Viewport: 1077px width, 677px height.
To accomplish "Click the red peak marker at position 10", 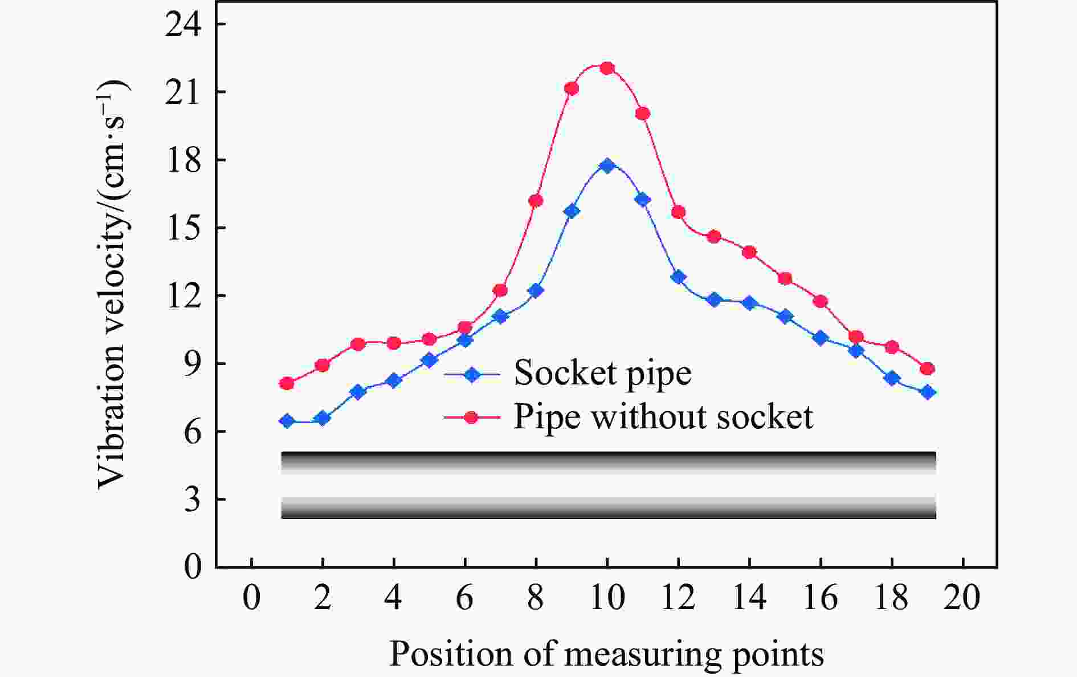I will coord(607,68).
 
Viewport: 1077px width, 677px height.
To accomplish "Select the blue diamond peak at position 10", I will coord(607,166).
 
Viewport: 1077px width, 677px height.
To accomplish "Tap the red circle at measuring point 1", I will coord(287,383).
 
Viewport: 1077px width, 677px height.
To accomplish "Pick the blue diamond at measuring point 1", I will coord(287,421).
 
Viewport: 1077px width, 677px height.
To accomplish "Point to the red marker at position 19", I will coord(927,368).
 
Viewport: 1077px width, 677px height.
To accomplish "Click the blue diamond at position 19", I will coord(927,392).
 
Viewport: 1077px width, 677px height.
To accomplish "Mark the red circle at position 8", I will coord(536,201).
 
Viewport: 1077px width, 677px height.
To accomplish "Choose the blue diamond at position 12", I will coord(678,277).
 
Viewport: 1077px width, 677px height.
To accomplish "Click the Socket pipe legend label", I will coord(602,374).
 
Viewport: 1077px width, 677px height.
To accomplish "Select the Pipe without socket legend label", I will coord(663,417).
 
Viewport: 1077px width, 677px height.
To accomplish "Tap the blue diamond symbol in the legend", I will coord(471,375).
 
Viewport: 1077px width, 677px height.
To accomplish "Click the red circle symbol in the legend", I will coord(471,417).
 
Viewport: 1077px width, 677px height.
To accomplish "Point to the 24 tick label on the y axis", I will coord(183,25).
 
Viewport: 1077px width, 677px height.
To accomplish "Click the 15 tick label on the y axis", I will coord(183,228).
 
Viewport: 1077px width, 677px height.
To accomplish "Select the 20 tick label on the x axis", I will coord(962,598).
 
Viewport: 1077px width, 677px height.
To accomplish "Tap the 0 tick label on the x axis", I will coord(251,598).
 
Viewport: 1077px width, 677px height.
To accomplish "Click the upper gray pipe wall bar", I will coord(608,463).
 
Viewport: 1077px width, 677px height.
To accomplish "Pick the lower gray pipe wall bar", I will coord(608,508).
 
